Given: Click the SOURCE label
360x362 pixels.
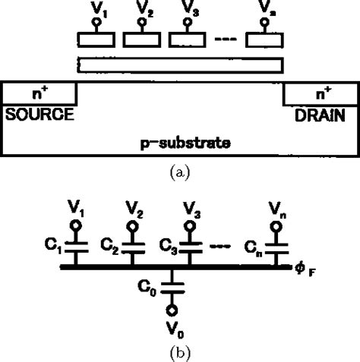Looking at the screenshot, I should tap(39, 115).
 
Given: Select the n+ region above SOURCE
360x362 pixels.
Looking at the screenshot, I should tap(39, 93).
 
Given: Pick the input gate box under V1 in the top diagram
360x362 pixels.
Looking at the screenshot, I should tap(96, 39).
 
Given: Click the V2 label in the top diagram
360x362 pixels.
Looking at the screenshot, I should tap(143, 11).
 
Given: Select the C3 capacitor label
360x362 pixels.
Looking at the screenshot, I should tap(169, 246).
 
